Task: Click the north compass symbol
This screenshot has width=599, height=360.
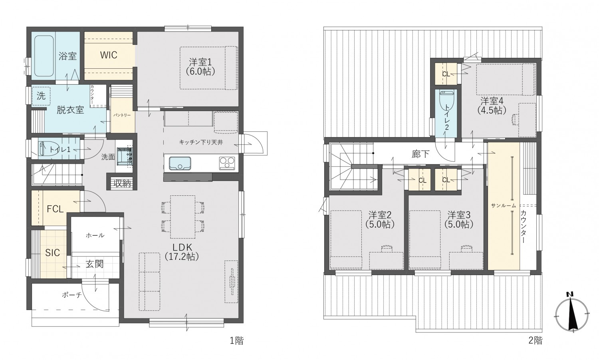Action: [572, 313]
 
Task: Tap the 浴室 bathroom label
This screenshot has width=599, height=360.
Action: [67, 56]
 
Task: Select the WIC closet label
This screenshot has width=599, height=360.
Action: [109, 55]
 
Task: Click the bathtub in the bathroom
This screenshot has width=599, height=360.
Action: [44, 56]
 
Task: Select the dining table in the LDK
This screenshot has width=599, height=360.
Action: [182, 217]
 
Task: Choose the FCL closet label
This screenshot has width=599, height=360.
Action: [55, 209]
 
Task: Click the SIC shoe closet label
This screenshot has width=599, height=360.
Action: [52, 253]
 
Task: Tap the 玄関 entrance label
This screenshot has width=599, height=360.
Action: [95, 264]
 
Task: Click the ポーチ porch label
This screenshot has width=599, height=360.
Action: [72, 295]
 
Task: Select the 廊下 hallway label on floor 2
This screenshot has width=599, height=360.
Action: [420, 154]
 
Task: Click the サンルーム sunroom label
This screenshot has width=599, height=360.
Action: [503, 205]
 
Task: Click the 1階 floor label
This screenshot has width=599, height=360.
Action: [236, 341]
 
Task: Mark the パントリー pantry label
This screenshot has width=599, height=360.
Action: [122, 115]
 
